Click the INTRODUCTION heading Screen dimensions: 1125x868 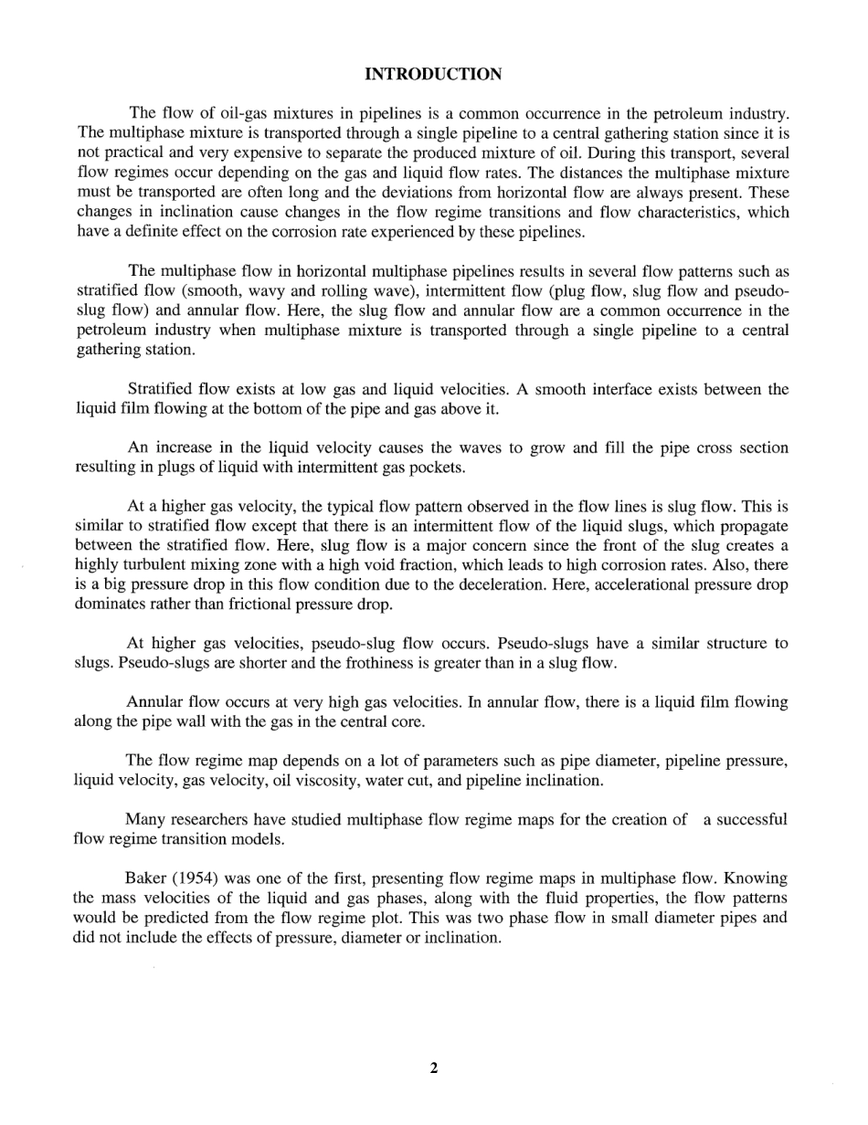coord(433,74)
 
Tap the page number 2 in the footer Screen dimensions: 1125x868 coord(433,1068)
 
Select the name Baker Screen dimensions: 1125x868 coord(144,879)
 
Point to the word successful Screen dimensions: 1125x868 coord(745,820)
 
